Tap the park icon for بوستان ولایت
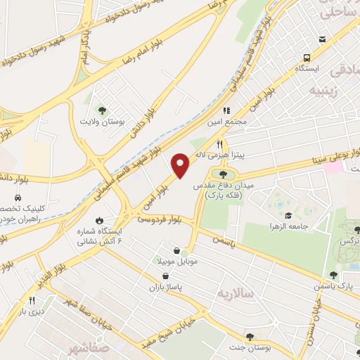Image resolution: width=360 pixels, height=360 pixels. pos(103,110)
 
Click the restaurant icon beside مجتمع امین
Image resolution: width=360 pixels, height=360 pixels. pos(226,110)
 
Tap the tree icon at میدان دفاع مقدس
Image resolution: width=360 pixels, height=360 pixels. pos(223,173)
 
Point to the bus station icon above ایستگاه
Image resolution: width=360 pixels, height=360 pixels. pos(307,58)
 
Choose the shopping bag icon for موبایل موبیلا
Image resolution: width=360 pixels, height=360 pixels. pos(176,250)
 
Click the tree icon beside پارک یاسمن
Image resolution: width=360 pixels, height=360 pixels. pos(334,275)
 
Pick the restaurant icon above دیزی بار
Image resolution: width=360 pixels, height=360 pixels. pos(32,300)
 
